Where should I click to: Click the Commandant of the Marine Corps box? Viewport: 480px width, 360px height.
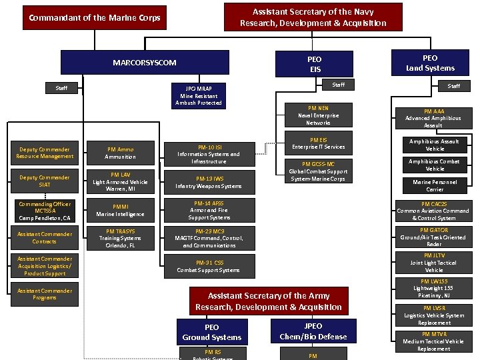(95, 18)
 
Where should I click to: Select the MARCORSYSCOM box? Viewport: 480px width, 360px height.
(145, 63)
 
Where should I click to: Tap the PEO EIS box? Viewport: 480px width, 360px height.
(315, 64)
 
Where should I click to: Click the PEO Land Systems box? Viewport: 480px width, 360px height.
(430, 63)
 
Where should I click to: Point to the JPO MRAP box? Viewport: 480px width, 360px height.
(199, 96)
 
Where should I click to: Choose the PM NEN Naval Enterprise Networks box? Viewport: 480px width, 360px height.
(318, 115)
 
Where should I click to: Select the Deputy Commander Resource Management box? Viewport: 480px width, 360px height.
(45, 153)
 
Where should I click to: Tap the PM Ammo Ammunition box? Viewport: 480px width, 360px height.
(121, 153)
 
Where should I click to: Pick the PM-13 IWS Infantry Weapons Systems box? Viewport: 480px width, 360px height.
(209, 182)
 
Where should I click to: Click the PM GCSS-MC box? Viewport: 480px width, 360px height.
(318, 171)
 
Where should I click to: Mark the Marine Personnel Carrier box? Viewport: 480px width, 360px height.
(435, 185)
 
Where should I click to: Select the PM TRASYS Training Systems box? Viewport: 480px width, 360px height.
(121, 238)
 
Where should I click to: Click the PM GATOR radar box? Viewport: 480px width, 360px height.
(433, 237)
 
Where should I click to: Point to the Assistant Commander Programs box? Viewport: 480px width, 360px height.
(45, 294)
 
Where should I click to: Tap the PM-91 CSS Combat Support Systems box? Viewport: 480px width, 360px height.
(209, 266)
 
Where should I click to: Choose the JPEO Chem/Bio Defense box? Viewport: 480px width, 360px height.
(313, 331)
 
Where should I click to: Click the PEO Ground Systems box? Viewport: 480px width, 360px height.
(212, 332)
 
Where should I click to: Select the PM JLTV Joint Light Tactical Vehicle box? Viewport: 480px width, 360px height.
(433, 263)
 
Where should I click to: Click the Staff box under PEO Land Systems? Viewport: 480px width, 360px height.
(453, 86)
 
